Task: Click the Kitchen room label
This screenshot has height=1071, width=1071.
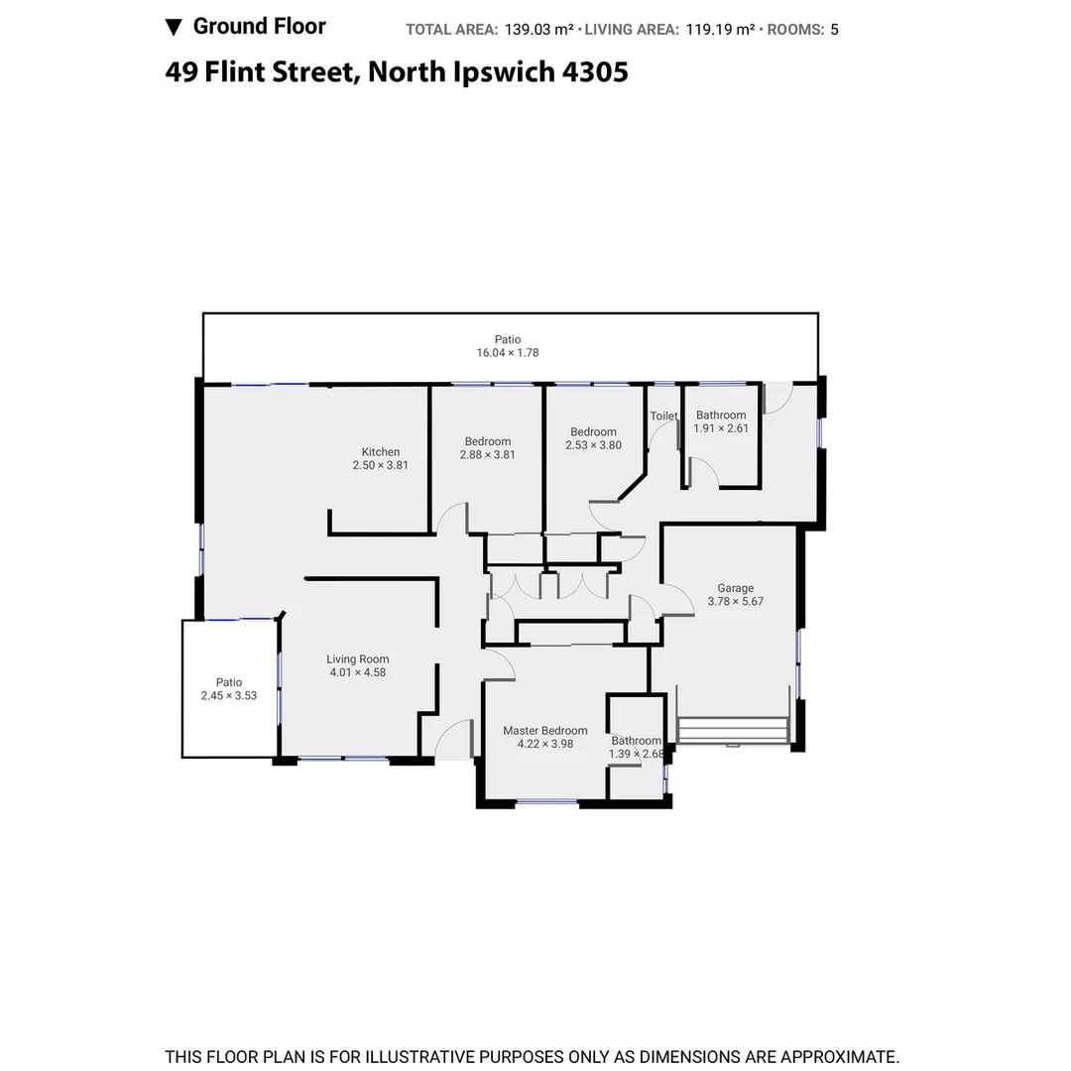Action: click(x=381, y=452)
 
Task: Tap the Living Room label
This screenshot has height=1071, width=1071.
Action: click(x=358, y=659)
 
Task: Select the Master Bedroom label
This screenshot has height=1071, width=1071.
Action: click(x=544, y=731)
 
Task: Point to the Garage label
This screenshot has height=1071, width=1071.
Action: click(x=736, y=588)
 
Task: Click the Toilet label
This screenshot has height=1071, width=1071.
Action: click(x=663, y=416)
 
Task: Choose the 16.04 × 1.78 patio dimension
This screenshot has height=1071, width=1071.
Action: click(x=508, y=353)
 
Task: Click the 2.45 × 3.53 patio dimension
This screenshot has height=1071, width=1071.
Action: click(x=229, y=696)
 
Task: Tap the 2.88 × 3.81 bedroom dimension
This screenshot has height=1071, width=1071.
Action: click(x=488, y=455)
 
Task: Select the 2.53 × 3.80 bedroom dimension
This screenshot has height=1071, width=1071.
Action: click(x=593, y=445)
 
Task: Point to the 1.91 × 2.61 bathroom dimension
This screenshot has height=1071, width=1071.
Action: click(x=721, y=428)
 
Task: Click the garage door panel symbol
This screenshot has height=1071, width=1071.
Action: click(x=733, y=731)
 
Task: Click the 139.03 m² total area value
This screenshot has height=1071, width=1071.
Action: click(x=539, y=30)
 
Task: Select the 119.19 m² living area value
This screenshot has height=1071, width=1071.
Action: click(x=721, y=30)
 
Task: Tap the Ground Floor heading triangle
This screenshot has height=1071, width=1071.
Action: click(x=174, y=27)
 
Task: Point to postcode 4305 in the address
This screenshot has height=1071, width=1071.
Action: click(x=595, y=72)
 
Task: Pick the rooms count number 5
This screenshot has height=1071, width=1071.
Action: click(x=834, y=30)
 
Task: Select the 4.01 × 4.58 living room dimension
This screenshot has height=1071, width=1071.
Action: click(x=358, y=673)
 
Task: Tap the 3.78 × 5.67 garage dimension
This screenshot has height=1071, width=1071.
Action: click(x=736, y=602)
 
